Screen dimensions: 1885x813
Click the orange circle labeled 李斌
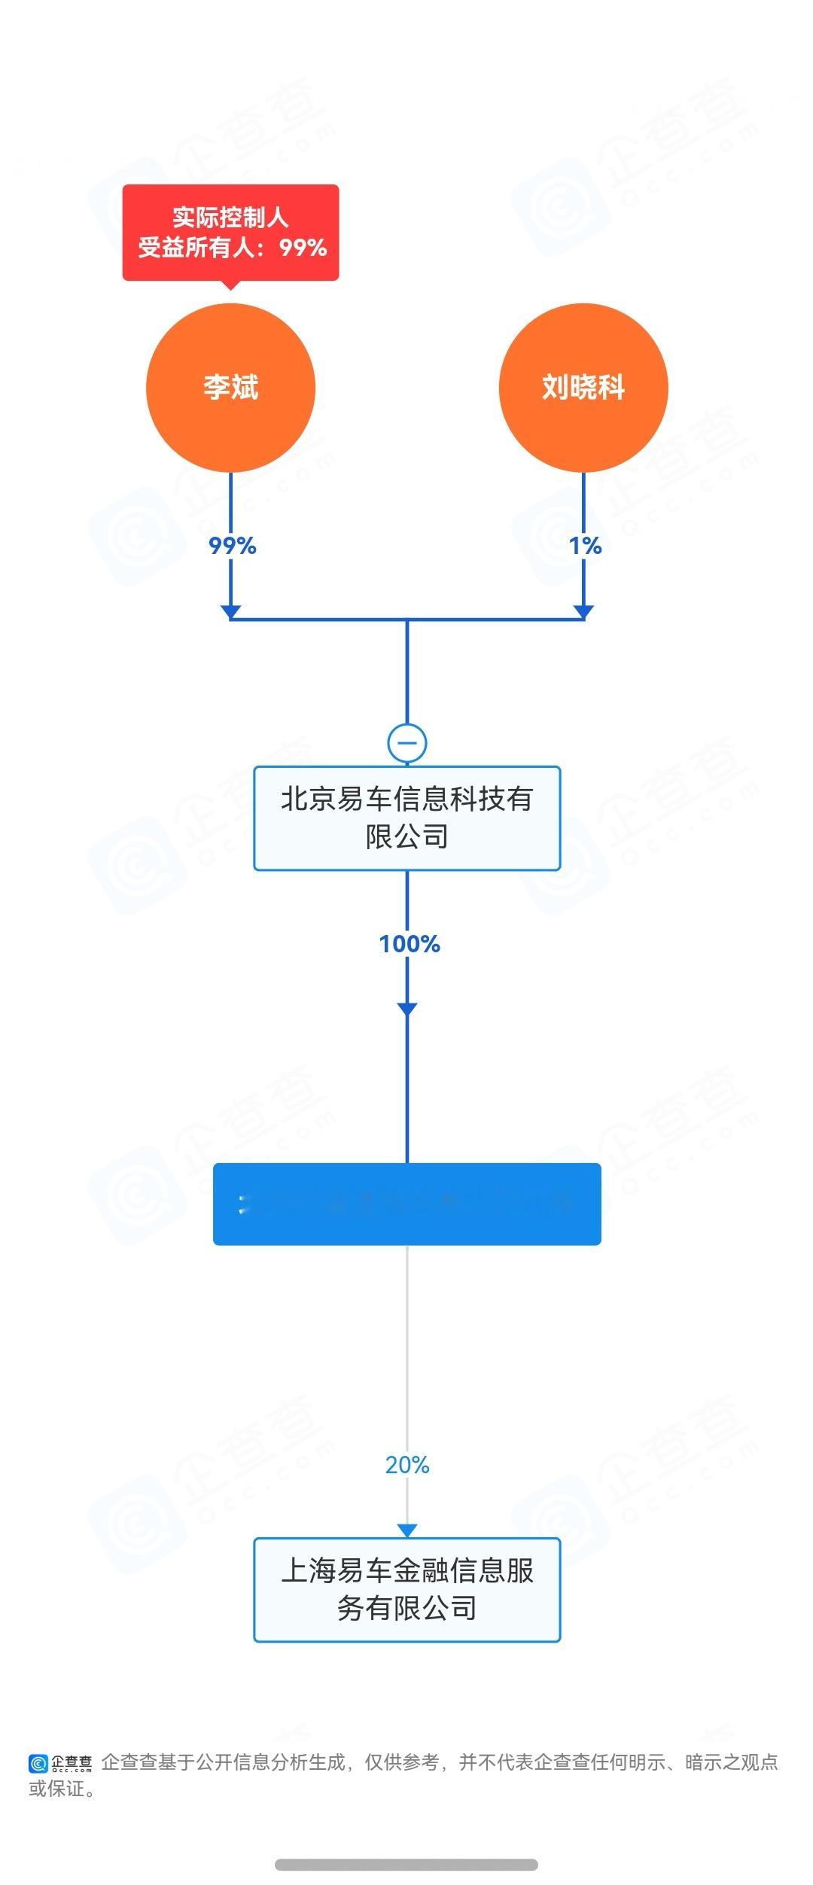pyautogui.click(x=230, y=388)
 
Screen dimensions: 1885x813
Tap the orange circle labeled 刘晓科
pyautogui.click(x=583, y=388)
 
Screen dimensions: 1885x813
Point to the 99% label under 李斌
pyautogui.click(x=233, y=546)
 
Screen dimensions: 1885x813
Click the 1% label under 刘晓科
pyautogui.click(x=586, y=546)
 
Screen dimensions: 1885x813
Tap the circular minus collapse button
pyautogui.click(x=407, y=743)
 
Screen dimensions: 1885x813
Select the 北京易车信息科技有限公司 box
pyautogui.click(x=407, y=818)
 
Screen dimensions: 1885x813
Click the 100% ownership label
pyautogui.click(x=410, y=944)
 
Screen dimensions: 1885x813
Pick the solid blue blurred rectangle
pyautogui.click(x=407, y=1204)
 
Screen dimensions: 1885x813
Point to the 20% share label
pyautogui.click(x=407, y=1465)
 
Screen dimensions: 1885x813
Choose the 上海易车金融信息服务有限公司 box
pyautogui.click(x=407, y=1590)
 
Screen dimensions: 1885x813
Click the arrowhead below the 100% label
pyautogui.click(x=407, y=1009)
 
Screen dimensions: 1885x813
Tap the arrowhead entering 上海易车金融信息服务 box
pyautogui.click(x=407, y=1530)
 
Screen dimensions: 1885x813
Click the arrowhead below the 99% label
pyautogui.click(x=230, y=611)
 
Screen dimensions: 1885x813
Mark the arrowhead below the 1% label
pyautogui.click(x=583, y=611)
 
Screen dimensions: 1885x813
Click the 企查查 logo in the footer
pyautogui.click(x=60, y=1763)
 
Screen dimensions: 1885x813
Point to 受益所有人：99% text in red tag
pyautogui.click(x=233, y=248)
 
